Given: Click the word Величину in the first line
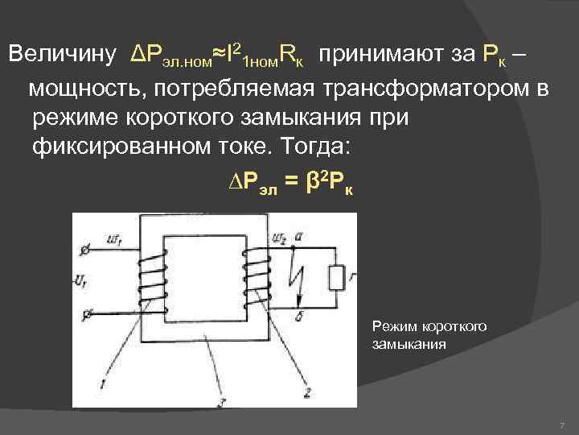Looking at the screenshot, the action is click(x=64, y=56).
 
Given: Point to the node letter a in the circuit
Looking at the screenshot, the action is click(x=299, y=236).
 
